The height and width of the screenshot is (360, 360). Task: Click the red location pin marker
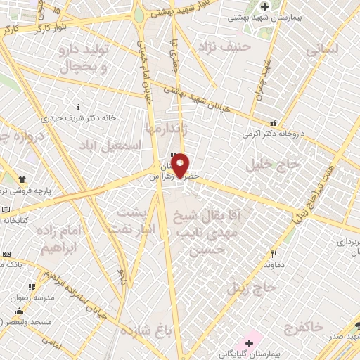(180, 164)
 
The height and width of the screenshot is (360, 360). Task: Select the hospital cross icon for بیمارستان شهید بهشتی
(264, 7)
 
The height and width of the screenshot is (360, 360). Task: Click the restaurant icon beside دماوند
(274, 255)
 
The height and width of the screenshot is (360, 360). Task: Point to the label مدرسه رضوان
(29, 297)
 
